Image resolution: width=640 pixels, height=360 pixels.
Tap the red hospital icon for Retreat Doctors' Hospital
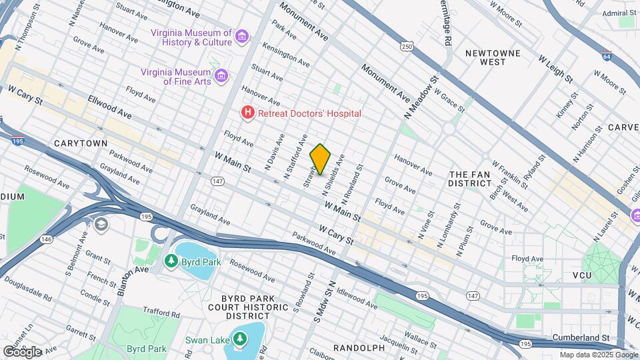click(248, 113)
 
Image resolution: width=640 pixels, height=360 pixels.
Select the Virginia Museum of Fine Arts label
click(176, 77)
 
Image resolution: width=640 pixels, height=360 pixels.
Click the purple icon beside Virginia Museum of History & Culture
click(241, 37)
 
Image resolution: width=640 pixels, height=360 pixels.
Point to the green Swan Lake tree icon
click(239, 339)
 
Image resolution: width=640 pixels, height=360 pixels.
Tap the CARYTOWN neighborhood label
click(81, 143)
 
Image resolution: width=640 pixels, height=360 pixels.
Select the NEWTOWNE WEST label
click(493, 57)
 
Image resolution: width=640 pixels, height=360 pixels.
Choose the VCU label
click(563, 275)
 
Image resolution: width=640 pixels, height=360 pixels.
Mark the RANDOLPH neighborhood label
click(359, 348)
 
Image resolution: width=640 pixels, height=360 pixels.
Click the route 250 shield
click(407, 46)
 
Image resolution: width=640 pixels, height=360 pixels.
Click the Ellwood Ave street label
click(109, 109)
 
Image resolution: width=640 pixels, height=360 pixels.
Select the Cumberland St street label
click(583, 339)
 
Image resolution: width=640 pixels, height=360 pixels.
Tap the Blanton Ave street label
click(133, 281)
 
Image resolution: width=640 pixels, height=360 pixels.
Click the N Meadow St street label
click(420, 97)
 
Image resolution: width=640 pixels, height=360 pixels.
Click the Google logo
click(22, 351)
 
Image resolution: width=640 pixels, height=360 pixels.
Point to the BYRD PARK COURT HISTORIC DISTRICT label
click(238, 307)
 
